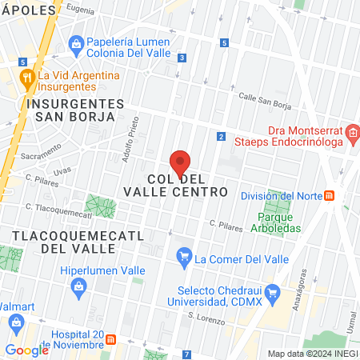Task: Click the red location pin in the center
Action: coord(180,163)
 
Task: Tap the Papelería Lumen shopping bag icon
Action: coord(77,42)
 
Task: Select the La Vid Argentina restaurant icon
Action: coord(27,77)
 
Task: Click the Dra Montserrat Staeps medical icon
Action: coord(352,132)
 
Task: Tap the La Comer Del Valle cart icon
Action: coord(185,258)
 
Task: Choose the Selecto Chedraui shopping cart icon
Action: coord(272,293)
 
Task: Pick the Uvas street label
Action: coord(62,170)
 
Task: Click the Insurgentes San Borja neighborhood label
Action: coord(74,111)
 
